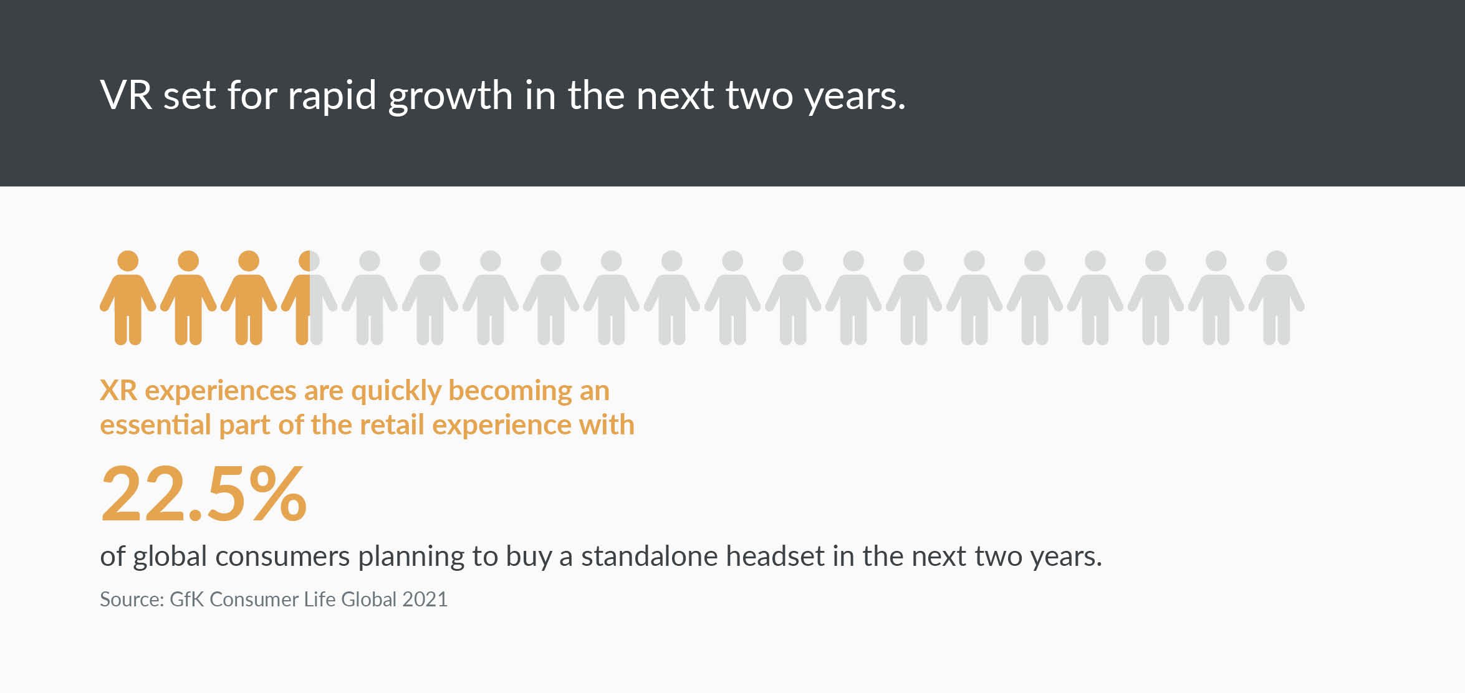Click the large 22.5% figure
(x=204, y=493)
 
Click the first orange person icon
(x=128, y=298)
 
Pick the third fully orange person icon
(x=249, y=298)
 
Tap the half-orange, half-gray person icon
(x=309, y=298)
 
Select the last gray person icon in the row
(x=1277, y=298)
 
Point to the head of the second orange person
(x=188, y=261)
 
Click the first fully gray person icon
(x=370, y=298)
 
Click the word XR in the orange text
(x=118, y=391)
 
